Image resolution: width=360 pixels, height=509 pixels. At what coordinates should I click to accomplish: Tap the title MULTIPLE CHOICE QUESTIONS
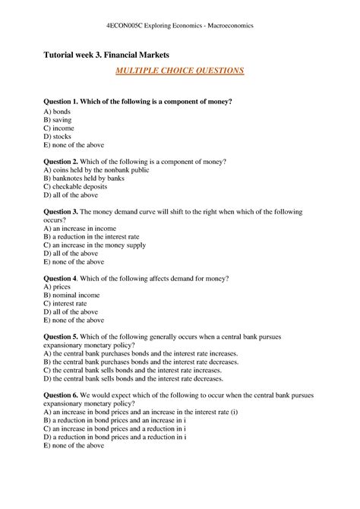[x=179, y=71]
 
